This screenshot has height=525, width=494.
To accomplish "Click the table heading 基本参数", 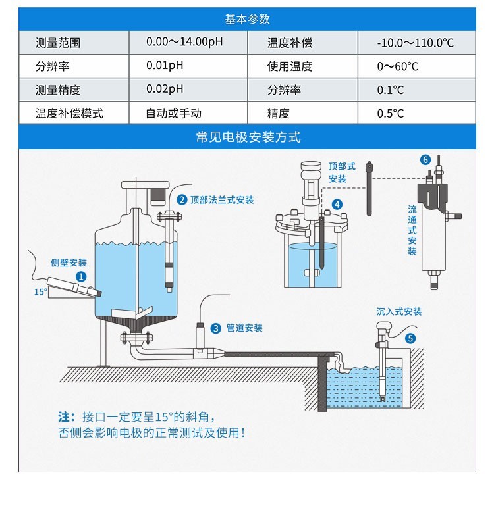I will (x=247, y=19).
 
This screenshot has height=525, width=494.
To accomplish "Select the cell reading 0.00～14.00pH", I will (x=184, y=43).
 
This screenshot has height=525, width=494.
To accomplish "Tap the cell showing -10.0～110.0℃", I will (x=416, y=43).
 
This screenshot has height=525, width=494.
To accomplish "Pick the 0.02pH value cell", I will (x=165, y=89).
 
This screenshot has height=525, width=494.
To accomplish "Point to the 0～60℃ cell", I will (x=397, y=66).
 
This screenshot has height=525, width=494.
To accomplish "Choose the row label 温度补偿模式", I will (x=69, y=113).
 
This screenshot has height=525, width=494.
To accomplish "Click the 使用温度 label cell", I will (x=290, y=66).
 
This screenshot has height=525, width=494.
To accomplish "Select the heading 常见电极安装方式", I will (x=247, y=137).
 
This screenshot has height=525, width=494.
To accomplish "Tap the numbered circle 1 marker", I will (x=81, y=277).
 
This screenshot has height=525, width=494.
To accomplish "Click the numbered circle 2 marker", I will (x=182, y=199).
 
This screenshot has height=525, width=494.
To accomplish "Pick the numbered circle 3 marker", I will (x=216, y=328).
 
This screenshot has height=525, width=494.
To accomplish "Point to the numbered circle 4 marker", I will (x=337, y=205).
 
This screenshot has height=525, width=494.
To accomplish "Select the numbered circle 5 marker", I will (x=411, y=338).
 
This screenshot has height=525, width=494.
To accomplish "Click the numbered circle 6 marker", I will (x=425, y=160).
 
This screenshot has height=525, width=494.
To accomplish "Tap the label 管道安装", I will (x=244, y=328).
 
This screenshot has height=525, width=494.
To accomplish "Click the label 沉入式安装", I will (x=399, y=311).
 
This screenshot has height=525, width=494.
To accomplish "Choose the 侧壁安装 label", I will (x=69, y=262).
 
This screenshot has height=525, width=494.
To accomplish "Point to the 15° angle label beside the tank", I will (x=41, y=291).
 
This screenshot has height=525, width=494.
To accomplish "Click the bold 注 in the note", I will (x=64, y=417).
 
